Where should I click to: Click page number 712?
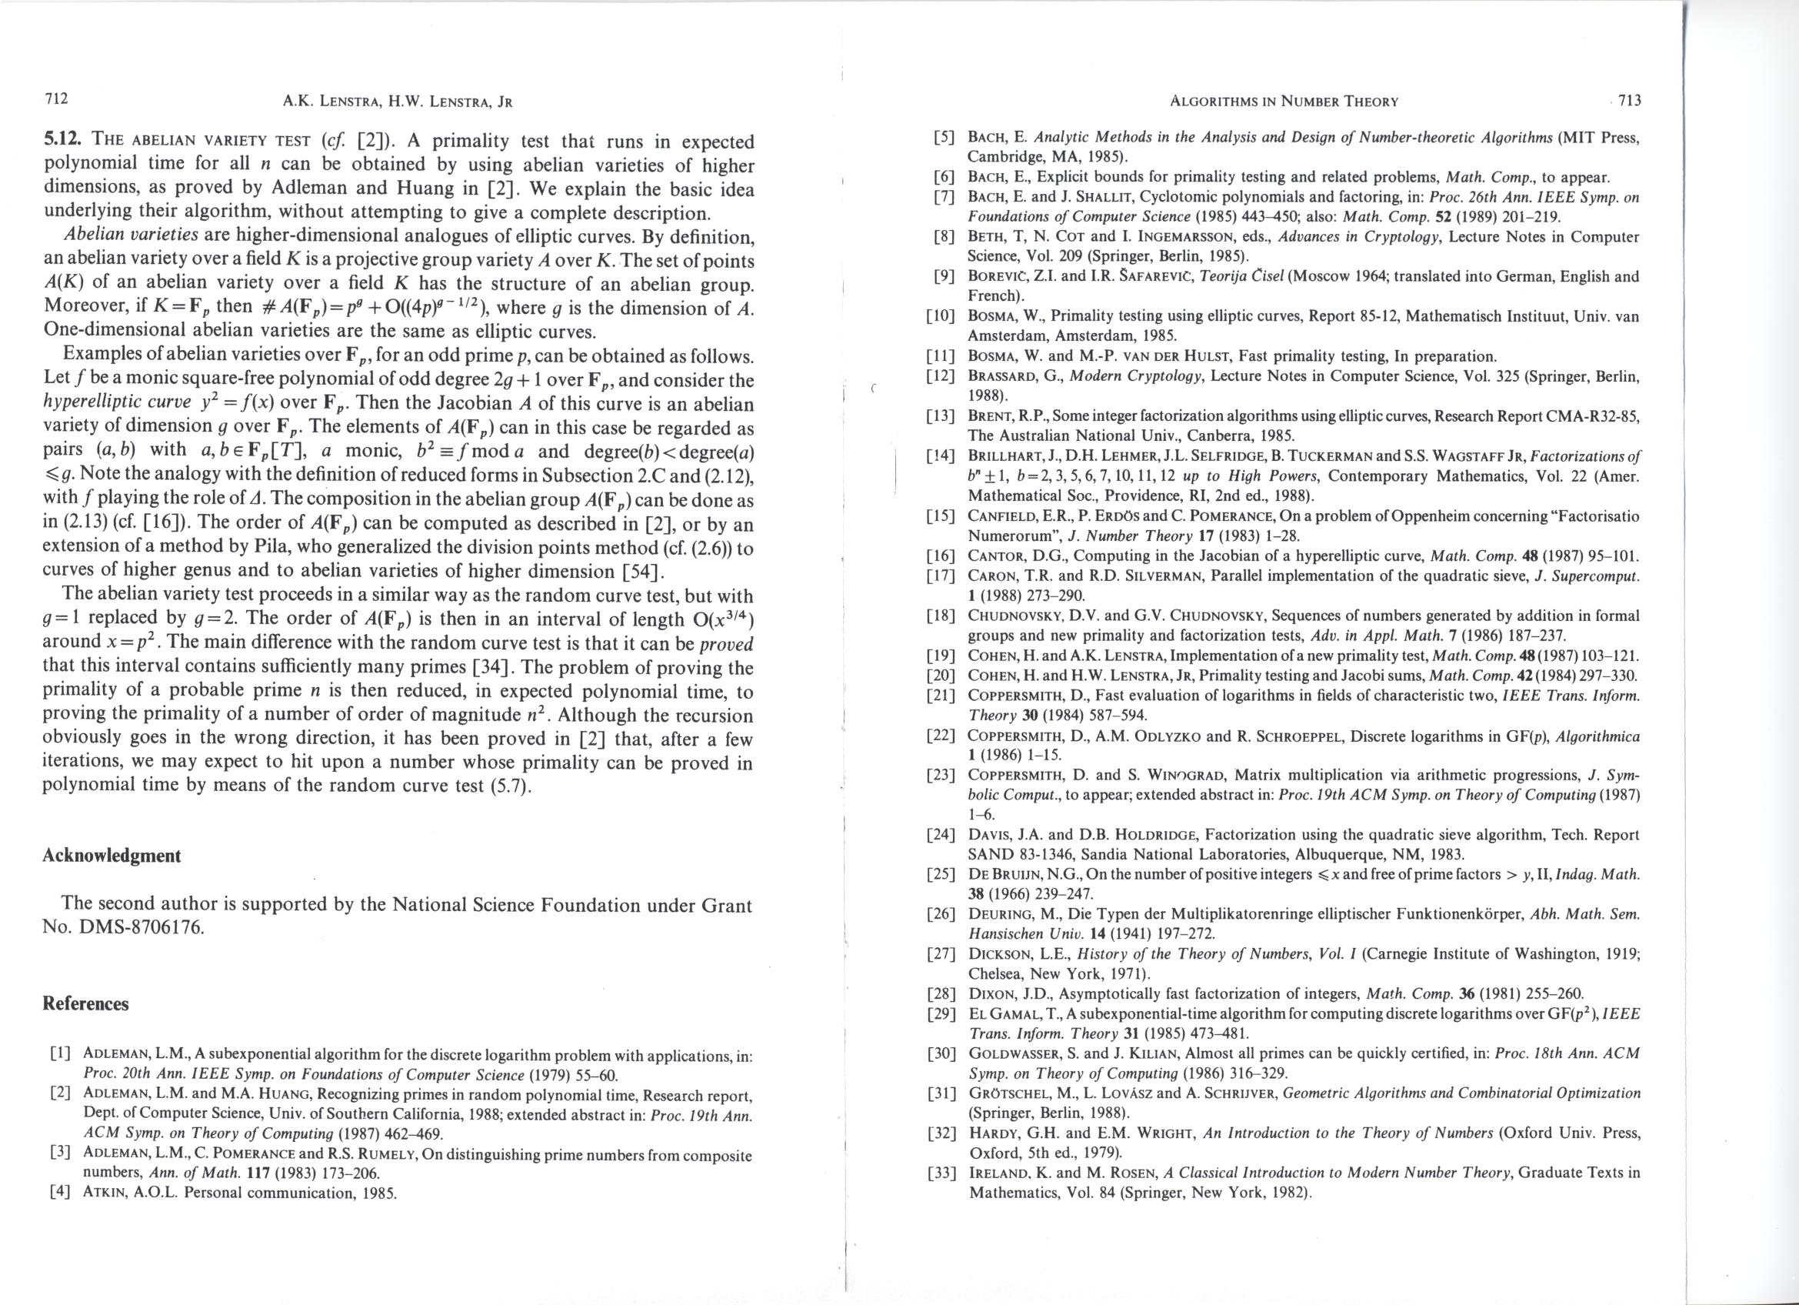56,99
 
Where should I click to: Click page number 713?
1629,101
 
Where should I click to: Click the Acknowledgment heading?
111,855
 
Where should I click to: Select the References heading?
85,1003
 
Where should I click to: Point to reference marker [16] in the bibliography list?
940,556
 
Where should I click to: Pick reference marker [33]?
940,1173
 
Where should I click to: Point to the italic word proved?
726,643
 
